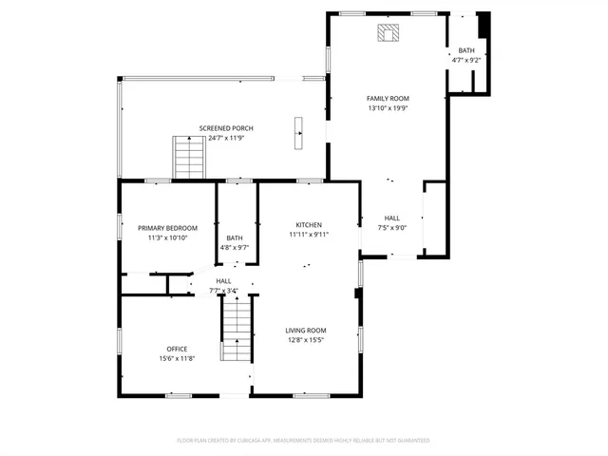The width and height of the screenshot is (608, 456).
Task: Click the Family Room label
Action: pos(388,99)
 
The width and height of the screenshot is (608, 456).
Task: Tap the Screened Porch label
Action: pos(226,128)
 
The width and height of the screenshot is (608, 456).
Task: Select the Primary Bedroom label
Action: pos(167,228)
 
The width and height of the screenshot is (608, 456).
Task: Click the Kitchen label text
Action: pos(309,225)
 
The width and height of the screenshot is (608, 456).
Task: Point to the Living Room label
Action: pos(306,331)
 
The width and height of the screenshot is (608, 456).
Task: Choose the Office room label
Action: pos(177,349)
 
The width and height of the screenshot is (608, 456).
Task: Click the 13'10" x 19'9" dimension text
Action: pos(388,108)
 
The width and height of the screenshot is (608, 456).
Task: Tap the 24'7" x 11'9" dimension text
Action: pos(226,138)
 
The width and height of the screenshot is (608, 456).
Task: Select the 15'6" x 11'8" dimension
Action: pos(177,358)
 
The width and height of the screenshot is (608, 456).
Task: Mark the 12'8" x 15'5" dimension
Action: pos(306,340)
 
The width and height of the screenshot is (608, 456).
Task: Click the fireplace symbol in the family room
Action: pos(387,33)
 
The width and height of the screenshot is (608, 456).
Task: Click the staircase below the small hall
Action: pos(235,328)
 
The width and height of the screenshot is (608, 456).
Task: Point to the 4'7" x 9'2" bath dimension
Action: pos(466,60)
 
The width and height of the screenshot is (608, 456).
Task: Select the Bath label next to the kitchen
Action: pos(235,237)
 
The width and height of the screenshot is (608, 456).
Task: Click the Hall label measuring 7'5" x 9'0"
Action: pos(392,218)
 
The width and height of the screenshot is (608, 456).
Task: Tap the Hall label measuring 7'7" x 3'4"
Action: pos(223,281)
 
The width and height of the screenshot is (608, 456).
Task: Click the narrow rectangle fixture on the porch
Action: pos(298,132)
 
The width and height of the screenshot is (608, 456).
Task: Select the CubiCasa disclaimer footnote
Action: pos(303,441)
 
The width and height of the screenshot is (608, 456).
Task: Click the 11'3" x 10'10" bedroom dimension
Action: pos(167,237)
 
